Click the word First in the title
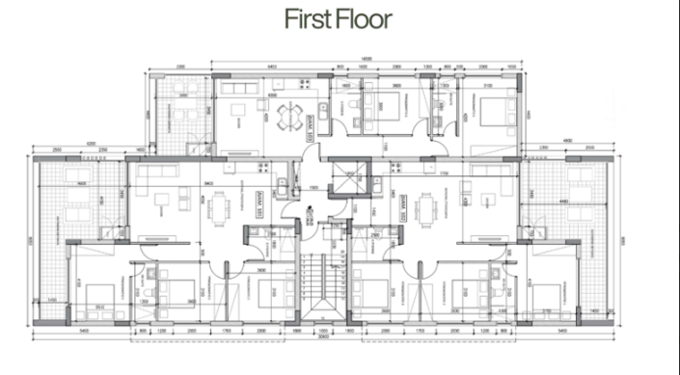click(x=306, y=18)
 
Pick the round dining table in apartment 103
click(x=288, y=116)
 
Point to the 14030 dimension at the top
click(x=367, y=60)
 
